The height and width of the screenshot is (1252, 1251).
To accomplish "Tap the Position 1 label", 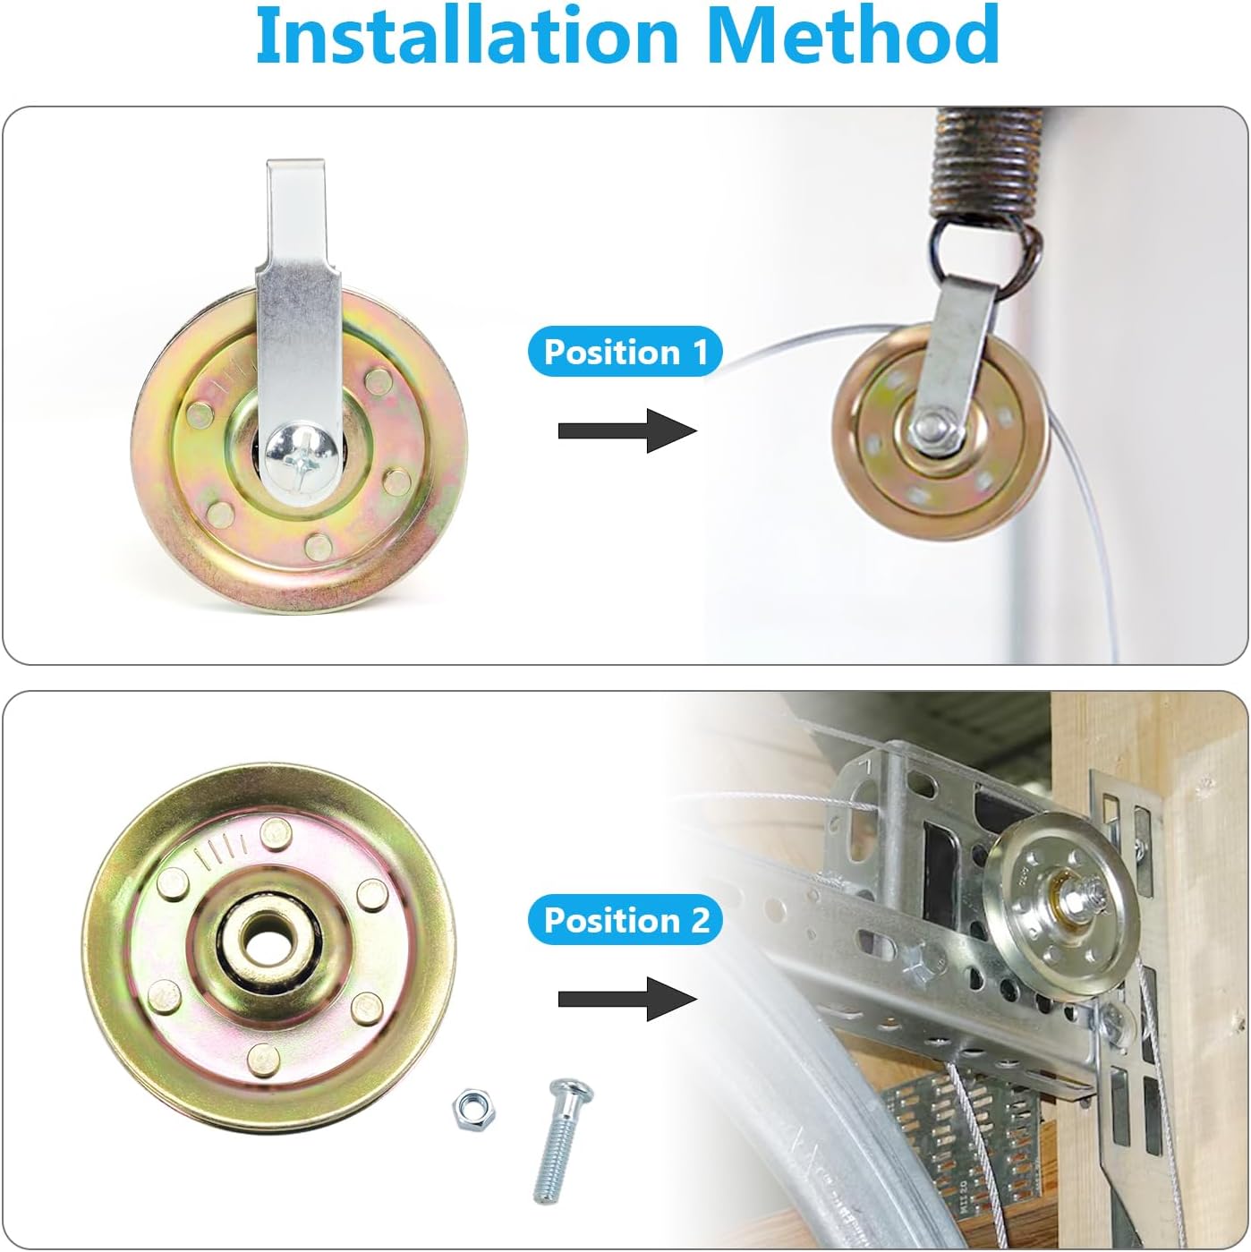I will tap(625, 352).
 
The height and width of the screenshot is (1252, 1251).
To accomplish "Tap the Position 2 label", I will tap(625, 920).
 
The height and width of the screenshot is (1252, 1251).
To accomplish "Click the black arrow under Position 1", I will tap(626, 431).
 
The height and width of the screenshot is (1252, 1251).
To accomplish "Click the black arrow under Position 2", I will tap(626, 999).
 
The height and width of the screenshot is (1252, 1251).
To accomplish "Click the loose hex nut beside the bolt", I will tap(474, 1108).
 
